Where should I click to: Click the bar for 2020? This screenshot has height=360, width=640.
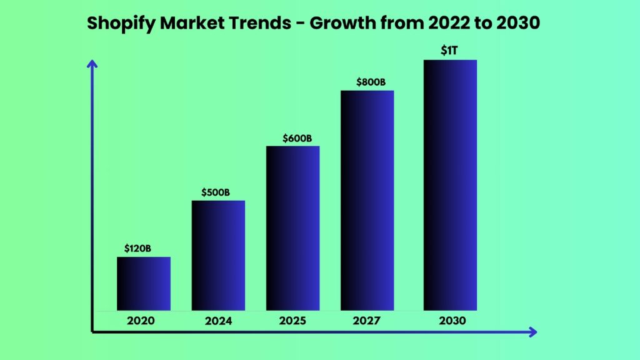click(x=144, y=284)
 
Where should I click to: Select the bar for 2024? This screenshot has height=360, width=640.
click(x=218, y=256)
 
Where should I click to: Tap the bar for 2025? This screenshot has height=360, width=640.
click(x=292, y=228)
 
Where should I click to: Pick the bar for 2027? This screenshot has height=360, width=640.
click(x=367, y=201)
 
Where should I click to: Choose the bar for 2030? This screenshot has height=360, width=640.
click(x=450, y=185)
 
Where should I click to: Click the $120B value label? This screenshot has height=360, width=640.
click(x=137, y=248)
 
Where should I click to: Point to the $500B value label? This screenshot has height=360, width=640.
click(x=216, y=192)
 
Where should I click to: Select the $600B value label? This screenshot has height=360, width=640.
click(x=297, y=137)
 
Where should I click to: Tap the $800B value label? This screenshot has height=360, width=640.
click(x=371, y=82)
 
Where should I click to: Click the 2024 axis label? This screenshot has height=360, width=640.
click(x=218, y=321)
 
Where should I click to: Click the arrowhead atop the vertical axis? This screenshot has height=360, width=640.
click(x=92, y=63)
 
